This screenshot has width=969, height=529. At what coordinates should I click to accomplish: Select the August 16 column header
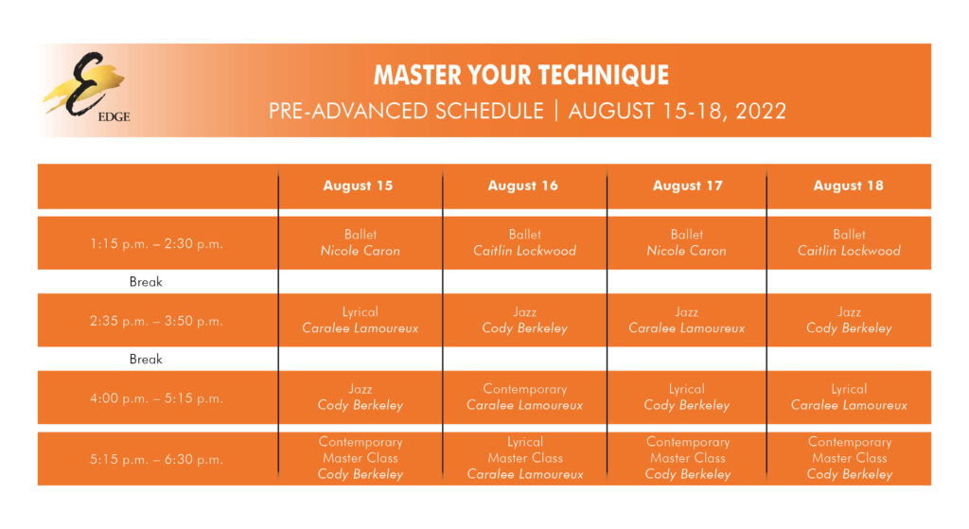(523, 185)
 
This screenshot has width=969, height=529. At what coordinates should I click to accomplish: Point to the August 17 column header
(687, 185)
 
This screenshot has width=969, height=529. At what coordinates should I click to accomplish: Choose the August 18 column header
(848, 185)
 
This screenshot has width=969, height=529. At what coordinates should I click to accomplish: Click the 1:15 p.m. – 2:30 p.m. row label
(157, 243)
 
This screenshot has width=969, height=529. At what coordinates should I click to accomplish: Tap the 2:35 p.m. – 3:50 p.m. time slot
(157, 321)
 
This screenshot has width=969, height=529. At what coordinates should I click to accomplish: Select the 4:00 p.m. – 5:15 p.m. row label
(157, 398)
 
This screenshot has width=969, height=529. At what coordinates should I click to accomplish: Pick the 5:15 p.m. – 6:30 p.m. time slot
(157, 460)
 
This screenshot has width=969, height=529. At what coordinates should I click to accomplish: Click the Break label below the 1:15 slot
(146, 282)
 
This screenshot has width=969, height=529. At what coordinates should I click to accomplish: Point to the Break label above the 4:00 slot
(146, 360)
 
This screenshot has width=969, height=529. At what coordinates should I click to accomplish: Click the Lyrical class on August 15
(360, 320)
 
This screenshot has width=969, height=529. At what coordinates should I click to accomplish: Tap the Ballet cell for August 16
(524, 242)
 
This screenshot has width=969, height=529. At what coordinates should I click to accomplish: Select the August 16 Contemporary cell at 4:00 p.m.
(524, 397)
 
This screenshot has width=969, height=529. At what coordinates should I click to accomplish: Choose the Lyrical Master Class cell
(524, 458)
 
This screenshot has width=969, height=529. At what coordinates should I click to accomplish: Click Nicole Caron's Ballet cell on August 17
(686, 242)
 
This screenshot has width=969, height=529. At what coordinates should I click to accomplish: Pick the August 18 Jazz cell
(849, 320)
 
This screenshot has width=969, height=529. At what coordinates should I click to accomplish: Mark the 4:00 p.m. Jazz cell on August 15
(360, 397)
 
